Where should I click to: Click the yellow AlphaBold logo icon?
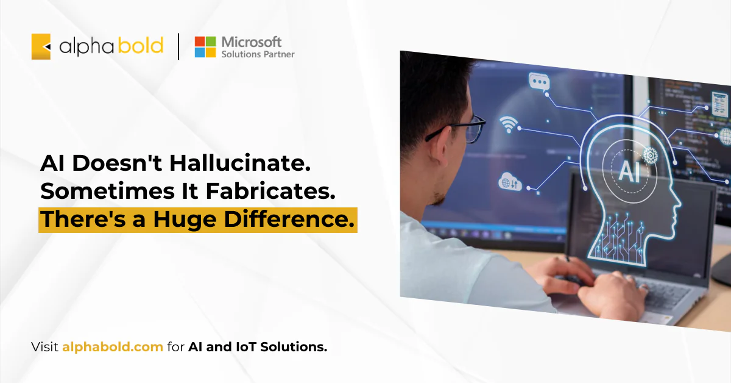click(x=41, y=46)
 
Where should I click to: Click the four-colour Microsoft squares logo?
click(x=205, y=47)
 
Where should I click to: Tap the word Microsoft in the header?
click(x=252, y=41)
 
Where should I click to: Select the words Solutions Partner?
click(x=258, y=54)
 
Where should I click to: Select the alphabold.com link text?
click(x=112, y=348)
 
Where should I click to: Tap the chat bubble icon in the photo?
click(x=539, y=82)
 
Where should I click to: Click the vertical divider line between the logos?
click(x=178, y=47)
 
